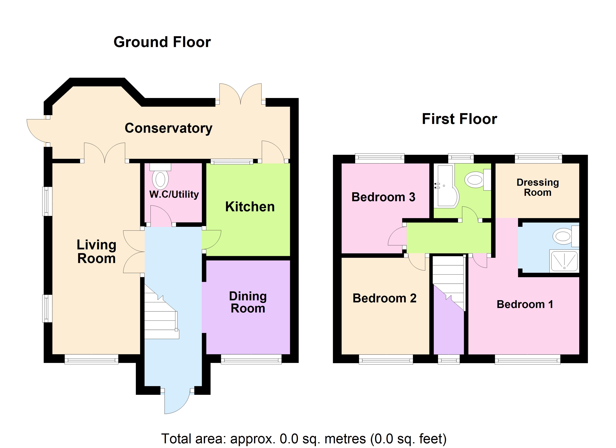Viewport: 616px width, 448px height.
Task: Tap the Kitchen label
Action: pos(250,207)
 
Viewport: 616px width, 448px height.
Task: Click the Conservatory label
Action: pos(168,128)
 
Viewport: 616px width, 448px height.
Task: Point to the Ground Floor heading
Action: pos(162,42)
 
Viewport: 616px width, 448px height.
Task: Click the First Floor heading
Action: pos(459,119)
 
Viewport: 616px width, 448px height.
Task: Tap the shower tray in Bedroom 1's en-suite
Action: pos(564,261)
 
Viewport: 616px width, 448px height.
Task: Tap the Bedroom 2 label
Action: pos(384,298)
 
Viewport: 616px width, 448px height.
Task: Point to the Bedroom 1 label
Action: pos(525,304)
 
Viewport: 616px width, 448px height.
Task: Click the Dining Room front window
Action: pos(251,360)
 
